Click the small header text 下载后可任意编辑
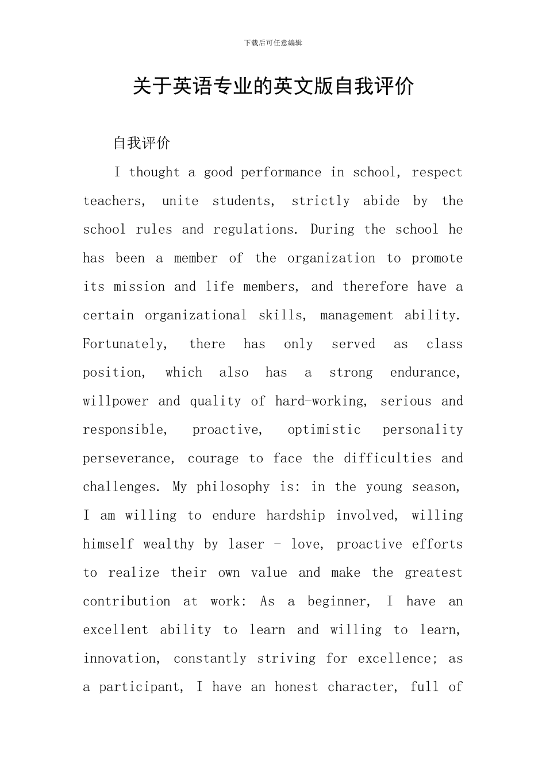click(273, 43)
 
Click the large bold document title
click(273, 86)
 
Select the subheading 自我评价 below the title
click(142, 143)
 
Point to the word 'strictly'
click(321, 201)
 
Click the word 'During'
click(333, 230)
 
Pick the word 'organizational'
click(195, 315)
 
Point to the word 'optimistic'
click(324, 430)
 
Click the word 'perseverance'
click(127, 458)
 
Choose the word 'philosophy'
click(233, 487)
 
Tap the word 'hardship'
click(295, 516)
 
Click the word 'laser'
click(247, 544)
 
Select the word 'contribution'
click(126, 601)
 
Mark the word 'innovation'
click(120, 659)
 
